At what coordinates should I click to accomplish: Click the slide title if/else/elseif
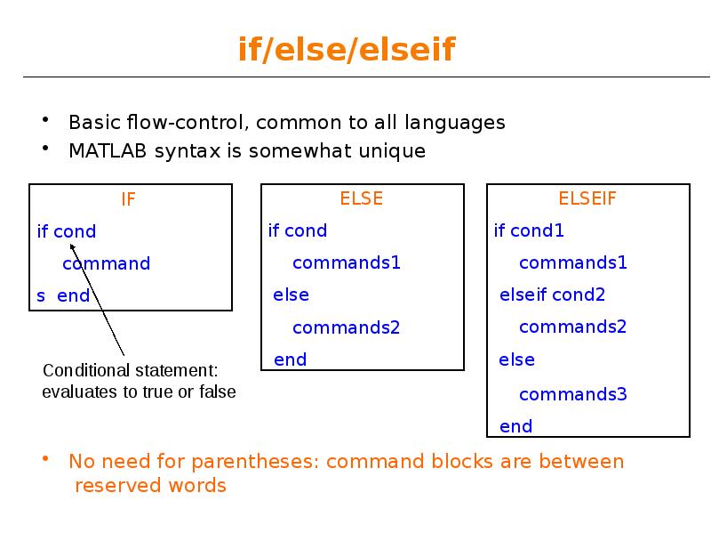346,50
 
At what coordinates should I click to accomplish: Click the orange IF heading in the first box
129,199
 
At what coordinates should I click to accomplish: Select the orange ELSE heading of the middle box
362,198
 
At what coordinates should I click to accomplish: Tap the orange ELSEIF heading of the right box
587,198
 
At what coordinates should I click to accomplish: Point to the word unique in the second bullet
392,151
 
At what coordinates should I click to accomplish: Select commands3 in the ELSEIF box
572,394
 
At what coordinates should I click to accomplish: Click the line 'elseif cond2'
552,295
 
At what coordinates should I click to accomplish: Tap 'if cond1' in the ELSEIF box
529,231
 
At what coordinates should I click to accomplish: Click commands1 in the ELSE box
347,262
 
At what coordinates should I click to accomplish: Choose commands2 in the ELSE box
347,327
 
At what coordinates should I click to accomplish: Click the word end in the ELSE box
291,359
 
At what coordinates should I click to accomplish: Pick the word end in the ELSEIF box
516,426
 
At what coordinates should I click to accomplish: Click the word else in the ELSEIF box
517,359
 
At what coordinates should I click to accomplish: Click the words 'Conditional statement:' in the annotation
130,370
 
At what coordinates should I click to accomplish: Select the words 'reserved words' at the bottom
150,486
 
